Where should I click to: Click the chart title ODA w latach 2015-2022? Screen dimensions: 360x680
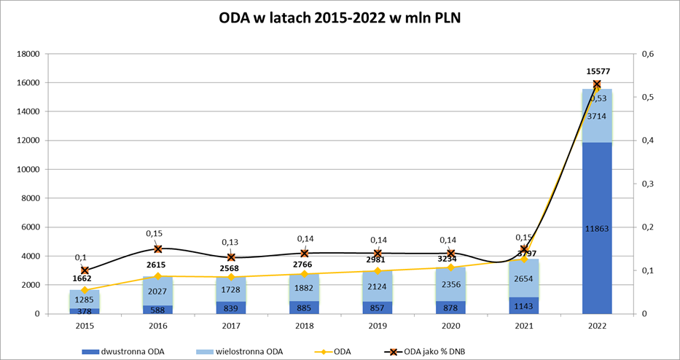[x=340, y=17]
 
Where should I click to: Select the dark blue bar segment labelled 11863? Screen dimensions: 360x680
[x=596, y=228]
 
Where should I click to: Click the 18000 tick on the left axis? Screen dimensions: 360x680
[x=29, y=54]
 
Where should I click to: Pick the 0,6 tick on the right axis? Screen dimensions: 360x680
[x=646, y=54]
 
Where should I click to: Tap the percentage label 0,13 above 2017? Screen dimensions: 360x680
[x=231, y=243]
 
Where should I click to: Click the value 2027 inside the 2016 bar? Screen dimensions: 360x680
[x=158, y=291]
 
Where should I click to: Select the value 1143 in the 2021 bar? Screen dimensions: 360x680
[x=524, y=306]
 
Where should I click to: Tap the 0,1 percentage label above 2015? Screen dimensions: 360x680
[x=80, y=257]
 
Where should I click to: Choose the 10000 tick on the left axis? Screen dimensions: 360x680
[x=29, y=169]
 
